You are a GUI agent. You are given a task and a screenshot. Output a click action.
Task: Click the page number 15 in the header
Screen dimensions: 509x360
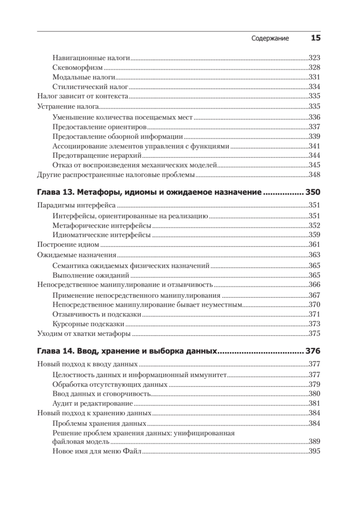coord(315,38)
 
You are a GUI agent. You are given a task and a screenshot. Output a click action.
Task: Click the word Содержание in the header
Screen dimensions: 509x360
coord(270,38)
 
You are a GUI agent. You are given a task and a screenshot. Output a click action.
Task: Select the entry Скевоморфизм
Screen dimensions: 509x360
coord(78,68)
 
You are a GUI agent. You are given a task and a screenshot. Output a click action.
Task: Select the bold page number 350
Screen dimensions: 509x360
coord(313,192)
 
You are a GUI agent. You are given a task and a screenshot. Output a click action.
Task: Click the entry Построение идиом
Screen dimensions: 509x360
coord(68,245)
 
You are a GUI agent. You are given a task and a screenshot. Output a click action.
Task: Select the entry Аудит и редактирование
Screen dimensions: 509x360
coord(92,404)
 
